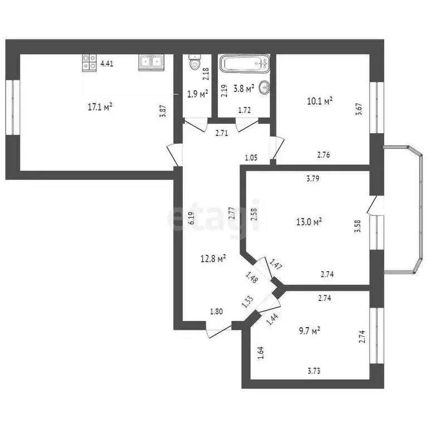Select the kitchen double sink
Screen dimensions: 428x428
(x=150, y=62)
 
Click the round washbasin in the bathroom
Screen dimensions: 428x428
(x=265, y=86)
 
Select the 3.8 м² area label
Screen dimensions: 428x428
(x=244, y=88)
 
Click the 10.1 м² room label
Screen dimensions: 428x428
(x=320, y=101)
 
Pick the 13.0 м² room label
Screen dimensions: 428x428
(x=310, y=222)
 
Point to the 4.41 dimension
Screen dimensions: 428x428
(x=107, y=64)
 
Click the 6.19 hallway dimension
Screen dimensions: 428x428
(x=191, y=218)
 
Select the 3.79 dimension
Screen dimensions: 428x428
(x=313, y=179)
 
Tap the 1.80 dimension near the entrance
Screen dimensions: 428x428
(x=217, y=312)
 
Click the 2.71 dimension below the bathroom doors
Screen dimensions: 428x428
(x=223, y=133)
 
